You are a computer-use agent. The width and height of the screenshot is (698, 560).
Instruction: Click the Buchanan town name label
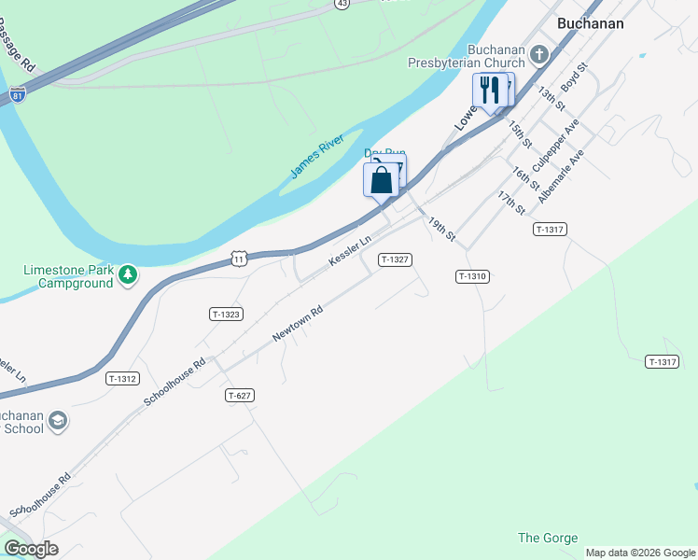tap(590, 23)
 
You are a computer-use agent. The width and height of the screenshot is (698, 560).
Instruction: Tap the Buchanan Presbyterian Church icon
tap(539, 55)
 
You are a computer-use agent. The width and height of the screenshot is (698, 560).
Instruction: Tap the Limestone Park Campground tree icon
tap(128, 274)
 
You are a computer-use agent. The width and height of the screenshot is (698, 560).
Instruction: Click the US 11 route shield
tap(240, 259)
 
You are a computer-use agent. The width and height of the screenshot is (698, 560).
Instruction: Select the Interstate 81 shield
tap(18, 94)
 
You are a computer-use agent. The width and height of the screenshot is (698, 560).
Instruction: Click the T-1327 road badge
tap(395, 259)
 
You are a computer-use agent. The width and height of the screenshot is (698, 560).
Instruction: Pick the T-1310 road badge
tap(472, 276)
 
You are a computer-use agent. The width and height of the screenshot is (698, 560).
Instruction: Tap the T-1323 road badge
tap(227, 315)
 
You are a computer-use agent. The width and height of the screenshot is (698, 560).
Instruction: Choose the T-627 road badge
tap(240, 396)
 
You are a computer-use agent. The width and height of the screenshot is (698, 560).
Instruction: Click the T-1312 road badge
tap(122, 378)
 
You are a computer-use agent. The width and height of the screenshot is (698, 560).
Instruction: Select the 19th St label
tap(441, 230)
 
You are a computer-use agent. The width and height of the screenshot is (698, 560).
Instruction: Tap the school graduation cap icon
tap(57, 422)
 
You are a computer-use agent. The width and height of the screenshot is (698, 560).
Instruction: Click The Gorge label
tap(548, 538)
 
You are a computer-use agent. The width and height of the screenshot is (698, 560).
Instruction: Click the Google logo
tap(31, 550)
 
